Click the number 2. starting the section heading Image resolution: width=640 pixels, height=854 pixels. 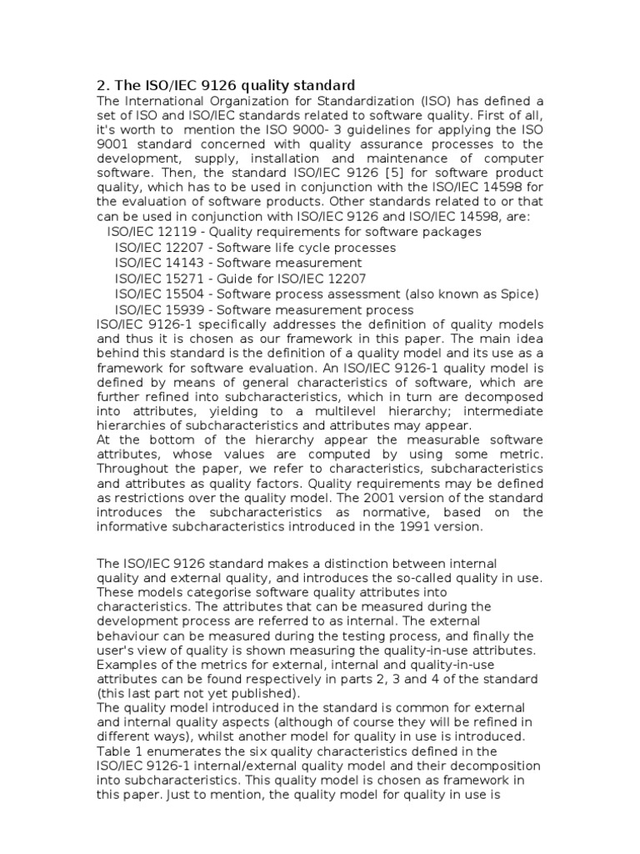104,85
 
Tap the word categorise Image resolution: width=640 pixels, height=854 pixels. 181,607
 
